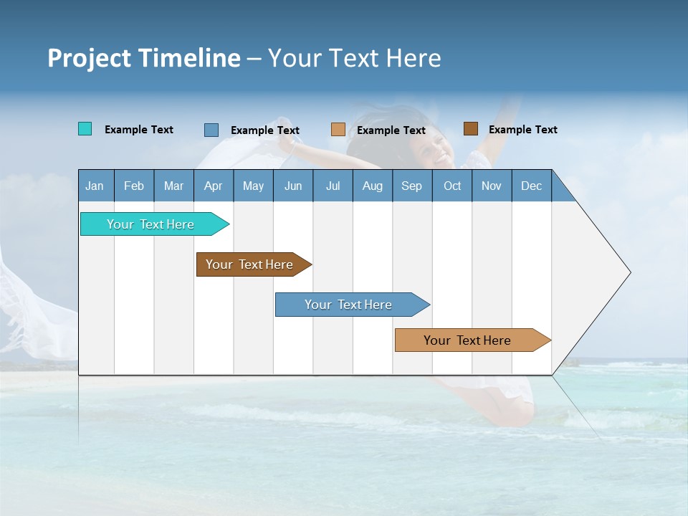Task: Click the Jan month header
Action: click(x=95, y=186)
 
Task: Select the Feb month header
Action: click(x=134, y=186)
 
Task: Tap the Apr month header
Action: click(x=213, y=186)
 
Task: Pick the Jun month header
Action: click(x=293, y=186)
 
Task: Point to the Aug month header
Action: click(x=372, y=186)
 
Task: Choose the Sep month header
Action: click(x=411, y=186)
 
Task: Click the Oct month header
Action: click(x=452, y=186)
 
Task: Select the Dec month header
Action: click(x=531, y=186)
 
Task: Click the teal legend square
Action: click(x=85, y=129)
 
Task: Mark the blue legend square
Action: click(x=211, y=130)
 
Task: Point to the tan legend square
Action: click(x=338, y=130)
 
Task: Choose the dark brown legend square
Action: click(x=470, y=129)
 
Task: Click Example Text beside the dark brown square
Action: click(x=522, y=130)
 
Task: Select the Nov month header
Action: click(x=492, y=186)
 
